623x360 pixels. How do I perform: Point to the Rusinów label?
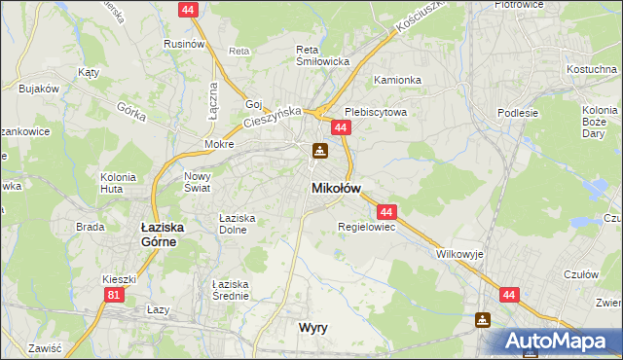click(184, 44)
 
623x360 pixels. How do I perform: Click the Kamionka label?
click(397, 80)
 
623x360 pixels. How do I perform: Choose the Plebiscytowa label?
click(375, 112)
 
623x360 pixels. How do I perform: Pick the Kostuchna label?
click(592, 71)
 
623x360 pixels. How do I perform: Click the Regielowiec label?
click(365, 228)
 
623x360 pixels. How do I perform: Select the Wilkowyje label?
click(459, 253)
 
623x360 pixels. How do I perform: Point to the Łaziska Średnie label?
click(231, 289)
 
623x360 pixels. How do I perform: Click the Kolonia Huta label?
click(117, 182)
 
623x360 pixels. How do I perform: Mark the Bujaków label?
click(39, 89)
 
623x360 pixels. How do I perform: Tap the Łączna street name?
click(213, 95)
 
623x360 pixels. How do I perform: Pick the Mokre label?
click(219, 144)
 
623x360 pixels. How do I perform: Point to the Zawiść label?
click(46, 347)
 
